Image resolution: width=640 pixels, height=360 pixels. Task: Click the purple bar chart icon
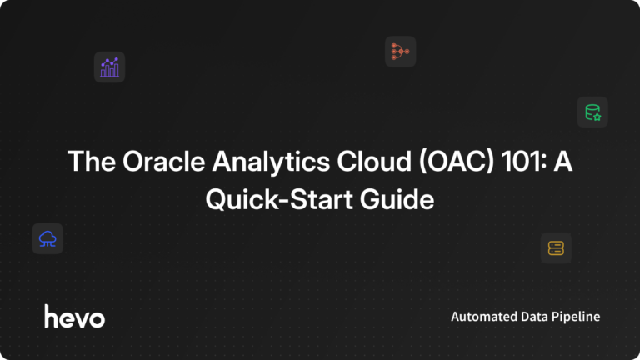[109, 67]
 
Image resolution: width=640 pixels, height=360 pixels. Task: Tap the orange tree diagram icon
[400, 52]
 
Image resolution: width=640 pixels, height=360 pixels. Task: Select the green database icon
[592, 112]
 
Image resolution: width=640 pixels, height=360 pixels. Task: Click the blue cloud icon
[47, 238]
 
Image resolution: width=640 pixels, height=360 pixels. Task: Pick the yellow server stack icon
[556, 247]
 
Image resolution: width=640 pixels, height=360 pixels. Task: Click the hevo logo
[74, 317]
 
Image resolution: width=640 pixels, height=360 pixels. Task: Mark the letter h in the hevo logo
[50, 316]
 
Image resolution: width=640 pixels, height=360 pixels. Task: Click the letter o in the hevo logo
[97, 319]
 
